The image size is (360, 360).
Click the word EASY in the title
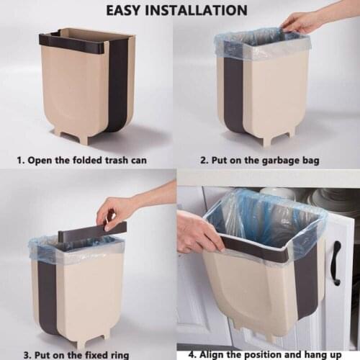pyautogui.click(x=127, y=10)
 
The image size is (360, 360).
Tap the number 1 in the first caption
pyautogui.click(x=20, y=160)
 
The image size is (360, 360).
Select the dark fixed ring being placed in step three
pyautogui.click(x=94, y=233)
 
